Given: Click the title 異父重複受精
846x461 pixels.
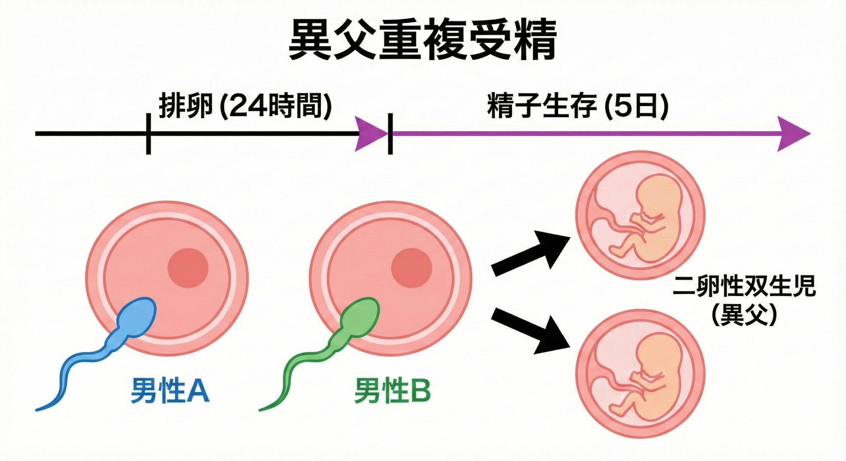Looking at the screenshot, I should (423, 40).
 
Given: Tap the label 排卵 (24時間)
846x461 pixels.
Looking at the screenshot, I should (245, 106).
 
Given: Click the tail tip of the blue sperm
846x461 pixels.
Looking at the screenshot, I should (37, 410).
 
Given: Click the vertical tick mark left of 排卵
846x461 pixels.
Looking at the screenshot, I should (148, 134).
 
